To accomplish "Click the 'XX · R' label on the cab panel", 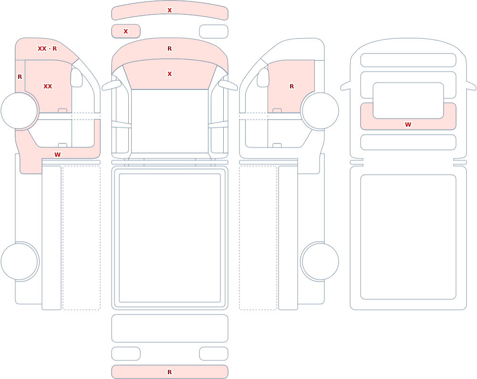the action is coord(47,48).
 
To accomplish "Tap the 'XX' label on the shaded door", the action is coord(48,87).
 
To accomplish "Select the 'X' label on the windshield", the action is coord(170,74).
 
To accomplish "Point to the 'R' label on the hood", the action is coord(170,48).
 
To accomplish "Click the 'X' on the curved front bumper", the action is coord(170,11).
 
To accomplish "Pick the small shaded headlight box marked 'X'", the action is coord(126,31).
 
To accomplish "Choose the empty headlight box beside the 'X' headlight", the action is coord(214,32).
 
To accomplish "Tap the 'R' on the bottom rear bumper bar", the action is coord(170,372).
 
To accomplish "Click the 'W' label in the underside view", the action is coord(408,124).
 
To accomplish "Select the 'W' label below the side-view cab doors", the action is coord(58,154).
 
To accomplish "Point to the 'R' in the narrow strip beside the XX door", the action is coord(20,77).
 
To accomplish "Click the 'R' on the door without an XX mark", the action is coord(292,87).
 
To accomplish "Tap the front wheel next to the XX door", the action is coord(19,111).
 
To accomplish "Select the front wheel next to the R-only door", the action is coord(321,111).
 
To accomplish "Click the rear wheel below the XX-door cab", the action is coord(19,261).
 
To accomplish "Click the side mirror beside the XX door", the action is coord(76,77).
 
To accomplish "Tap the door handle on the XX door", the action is coord(62,110).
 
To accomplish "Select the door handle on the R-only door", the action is coord(277,110).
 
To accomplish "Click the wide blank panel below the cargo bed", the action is coord(170,328).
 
